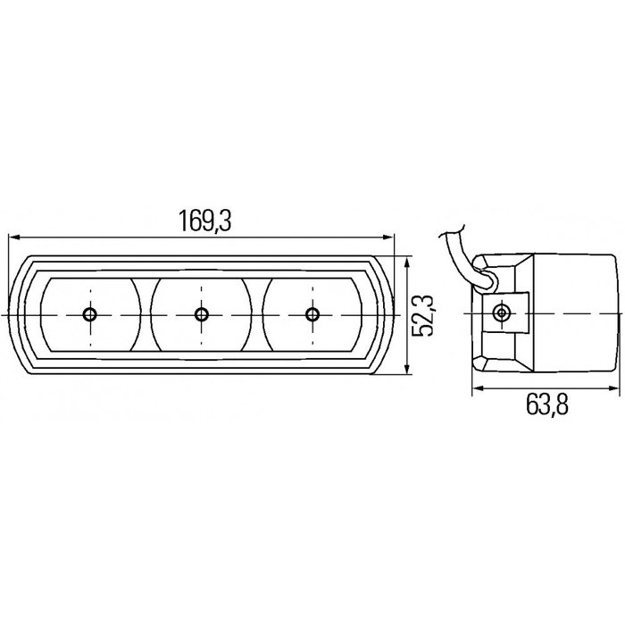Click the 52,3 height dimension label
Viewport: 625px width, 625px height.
tap(425, 315)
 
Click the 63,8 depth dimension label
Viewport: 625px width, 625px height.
tap(547, 406)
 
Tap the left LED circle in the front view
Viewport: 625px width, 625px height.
tap(89, 314)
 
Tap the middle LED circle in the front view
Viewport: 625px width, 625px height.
tap(201, 314)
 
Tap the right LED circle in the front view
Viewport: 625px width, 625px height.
tap(312, 314)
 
